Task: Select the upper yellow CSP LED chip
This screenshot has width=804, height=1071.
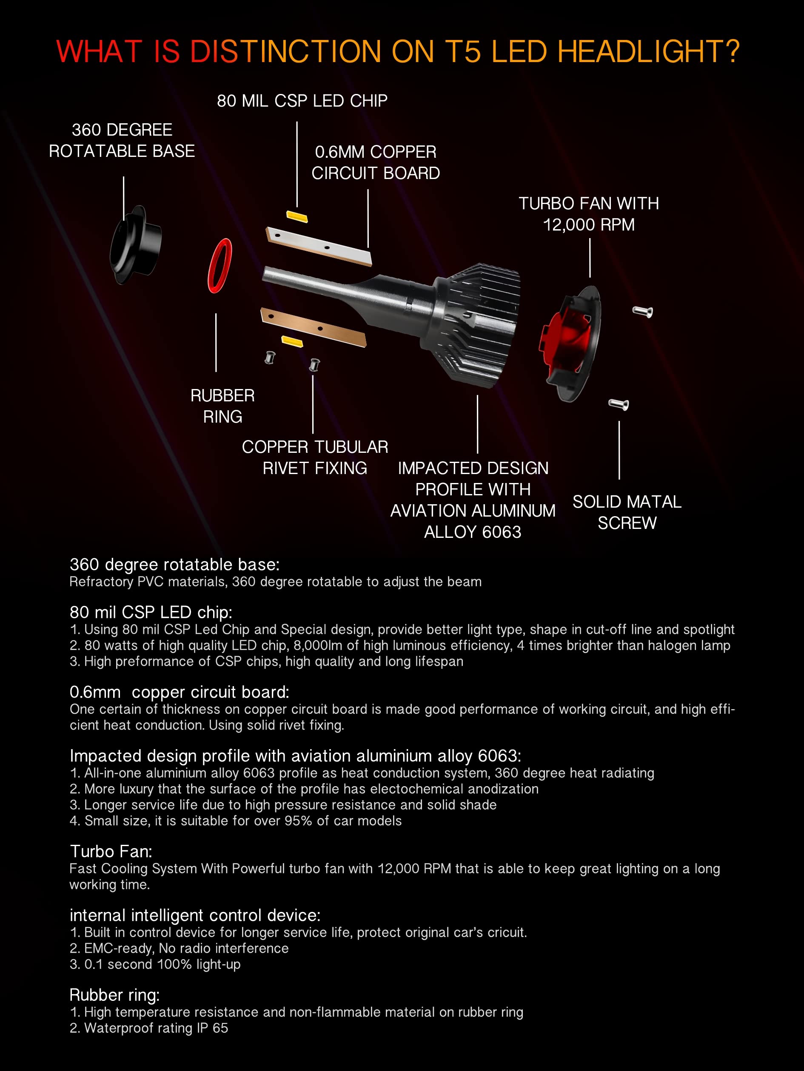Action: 297,216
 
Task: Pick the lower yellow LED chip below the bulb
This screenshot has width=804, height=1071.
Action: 292,341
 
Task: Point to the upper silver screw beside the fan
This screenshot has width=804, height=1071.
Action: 643,312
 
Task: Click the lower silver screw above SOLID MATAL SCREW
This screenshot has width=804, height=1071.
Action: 619,403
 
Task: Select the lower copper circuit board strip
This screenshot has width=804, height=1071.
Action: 314,327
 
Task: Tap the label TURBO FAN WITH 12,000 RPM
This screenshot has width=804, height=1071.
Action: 588,213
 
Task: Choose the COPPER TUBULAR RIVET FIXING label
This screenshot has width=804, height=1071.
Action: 315,457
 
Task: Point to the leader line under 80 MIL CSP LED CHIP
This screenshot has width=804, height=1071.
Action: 297,165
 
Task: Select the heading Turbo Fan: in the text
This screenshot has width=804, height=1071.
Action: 111,851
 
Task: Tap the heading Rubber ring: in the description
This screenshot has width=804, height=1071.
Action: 114,994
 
